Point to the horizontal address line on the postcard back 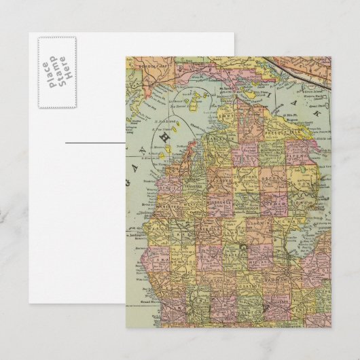(95, 143)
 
